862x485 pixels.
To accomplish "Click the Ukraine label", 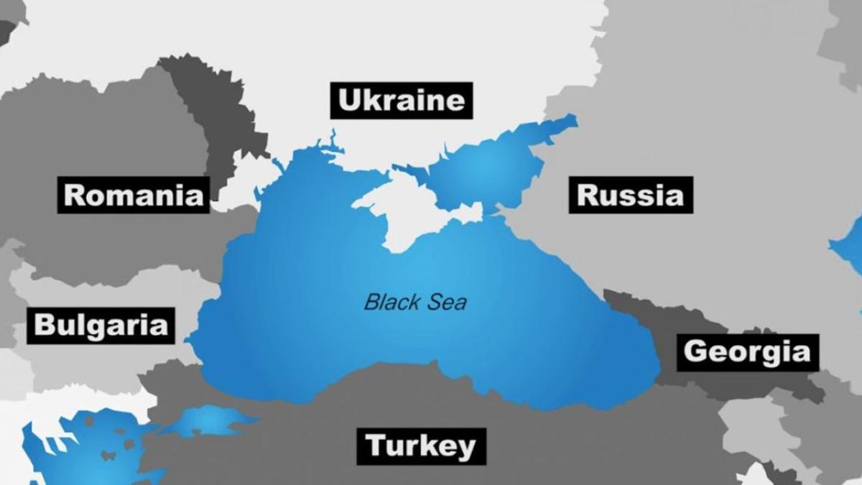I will point(402,101).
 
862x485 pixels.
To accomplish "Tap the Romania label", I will point(134,195).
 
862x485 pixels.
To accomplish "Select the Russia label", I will point(631,195).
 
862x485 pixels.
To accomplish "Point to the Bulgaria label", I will point(101,325).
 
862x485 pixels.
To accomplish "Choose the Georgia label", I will point(747,352).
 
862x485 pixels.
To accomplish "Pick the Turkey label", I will point(421,446).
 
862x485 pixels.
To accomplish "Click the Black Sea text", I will point(415,301).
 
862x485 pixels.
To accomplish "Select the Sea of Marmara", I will point(208,421).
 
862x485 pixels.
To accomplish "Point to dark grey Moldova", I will point(208,115).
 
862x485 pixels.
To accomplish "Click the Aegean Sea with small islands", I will point(79,445).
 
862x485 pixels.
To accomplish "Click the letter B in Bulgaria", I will point(45,325).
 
